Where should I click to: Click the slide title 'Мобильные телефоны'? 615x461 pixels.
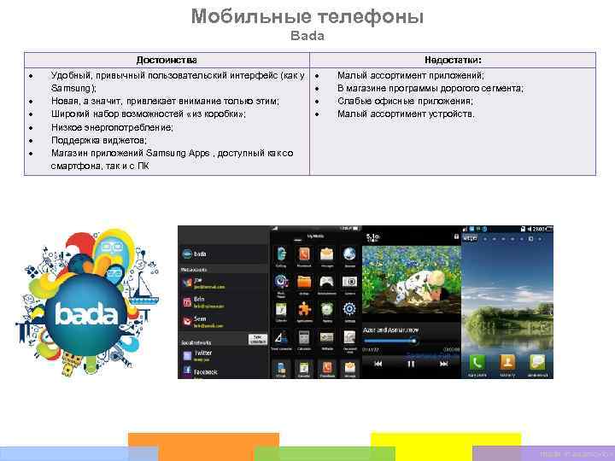pyautogui.click(x=307, y=16)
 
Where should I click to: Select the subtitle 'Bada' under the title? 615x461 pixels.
pyautogui.click(x=307, y=37)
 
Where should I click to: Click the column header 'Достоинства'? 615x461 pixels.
pyautogui.click(x=167, y=61)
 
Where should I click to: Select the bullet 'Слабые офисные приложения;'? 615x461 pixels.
pyautogui.click(x=405, y=102)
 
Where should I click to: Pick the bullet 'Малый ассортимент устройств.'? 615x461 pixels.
pyautogui.click(x=406, y=114)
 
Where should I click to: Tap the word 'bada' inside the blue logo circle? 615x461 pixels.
pyautogui.click(x=85, y=315)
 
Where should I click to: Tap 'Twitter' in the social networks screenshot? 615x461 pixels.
pyautogui.click(x=202, y=353)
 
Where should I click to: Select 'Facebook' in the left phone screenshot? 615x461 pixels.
pyautogui.click(x=206, y=372)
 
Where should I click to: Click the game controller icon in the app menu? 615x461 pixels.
pyautogui.click(x=326, y=282)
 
